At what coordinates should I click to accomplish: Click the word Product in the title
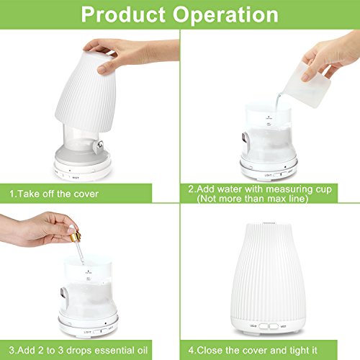click(124, 15)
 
